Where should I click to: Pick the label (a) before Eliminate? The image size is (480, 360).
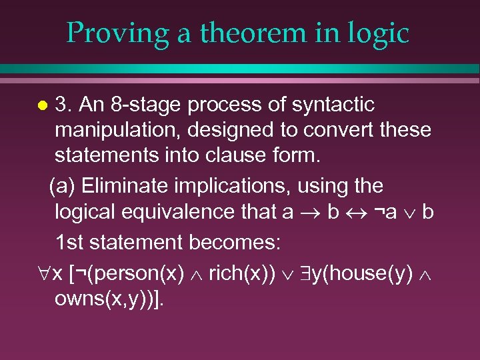65,186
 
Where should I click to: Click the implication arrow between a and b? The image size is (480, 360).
311,212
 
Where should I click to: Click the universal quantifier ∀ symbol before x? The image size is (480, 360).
39,274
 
